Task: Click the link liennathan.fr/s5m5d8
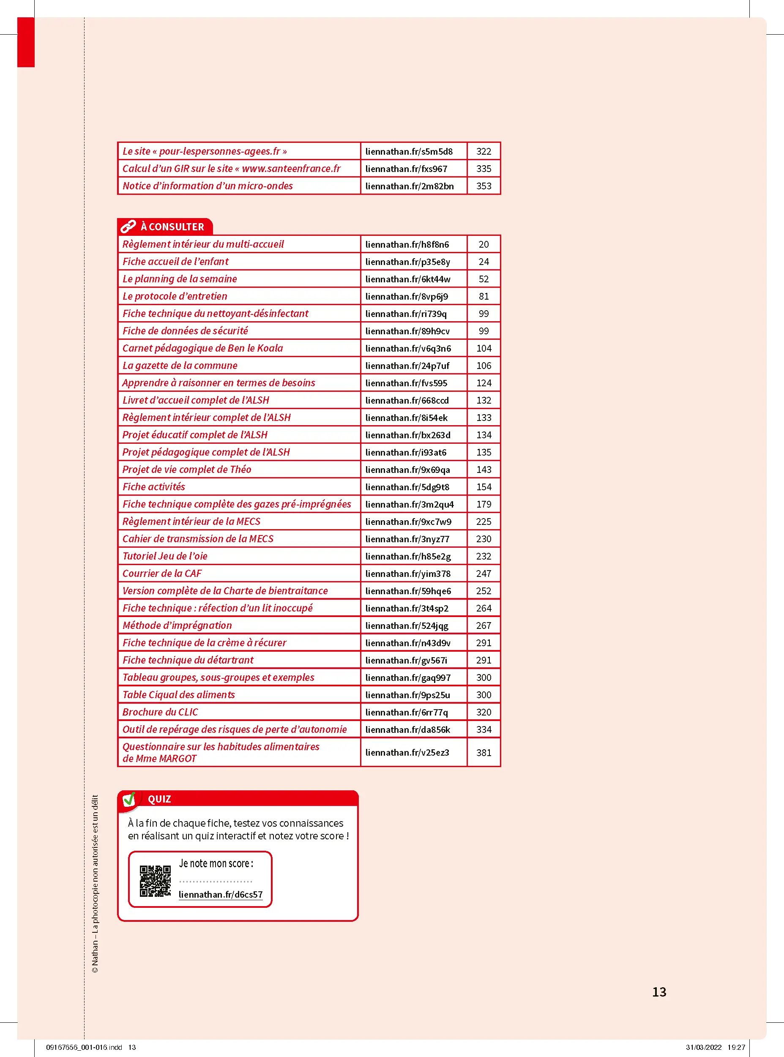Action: tap(409, 151)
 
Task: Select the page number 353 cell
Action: tap(484, 186)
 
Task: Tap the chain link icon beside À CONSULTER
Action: tap(128, 227)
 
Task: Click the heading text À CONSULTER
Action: tap(172, 227)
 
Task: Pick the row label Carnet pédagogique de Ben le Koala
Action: tap(202, 348)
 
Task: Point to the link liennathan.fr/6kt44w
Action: tap(408, 279)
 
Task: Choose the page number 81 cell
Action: tap(484, 296)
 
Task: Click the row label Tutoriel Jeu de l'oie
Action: tap(165, 556)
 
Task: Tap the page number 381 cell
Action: tap(484, 752)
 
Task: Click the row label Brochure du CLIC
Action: tap(161, 712)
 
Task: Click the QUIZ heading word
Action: tap(159, 799)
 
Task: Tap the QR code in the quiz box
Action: tap(155, 881)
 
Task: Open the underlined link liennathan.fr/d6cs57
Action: tap(221, 894)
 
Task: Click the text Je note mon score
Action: tap(216, 863)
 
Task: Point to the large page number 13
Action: tap(659, 992)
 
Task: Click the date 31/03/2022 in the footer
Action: tap(703, 1047)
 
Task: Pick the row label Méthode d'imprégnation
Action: tap(177, 625)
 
